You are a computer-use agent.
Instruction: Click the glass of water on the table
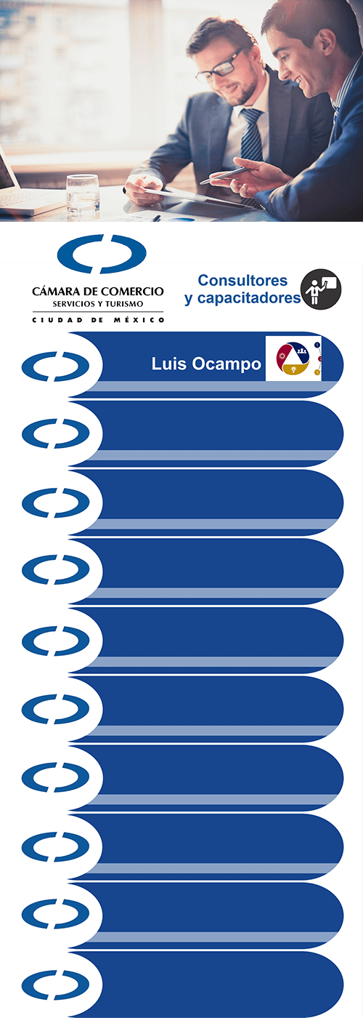pos(83,194)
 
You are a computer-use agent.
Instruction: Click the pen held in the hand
pos(224,176)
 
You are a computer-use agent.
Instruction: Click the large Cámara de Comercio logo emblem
pos(102,254)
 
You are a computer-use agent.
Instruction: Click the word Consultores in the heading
pos(242,281)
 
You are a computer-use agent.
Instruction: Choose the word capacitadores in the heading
pos(249,298)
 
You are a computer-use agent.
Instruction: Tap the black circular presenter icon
pos(321,289)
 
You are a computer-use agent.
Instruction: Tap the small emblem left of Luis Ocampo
pos(55,366)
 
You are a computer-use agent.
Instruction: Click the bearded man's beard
pos(242,88)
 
